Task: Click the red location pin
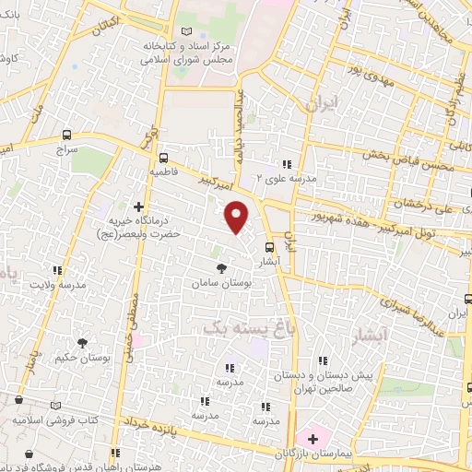pos(238,217)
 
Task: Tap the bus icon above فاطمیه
pos(163,158)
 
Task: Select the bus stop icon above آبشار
pos(270,247)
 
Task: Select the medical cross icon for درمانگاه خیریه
pos(139,206)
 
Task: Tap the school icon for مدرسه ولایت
pos(58,271)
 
